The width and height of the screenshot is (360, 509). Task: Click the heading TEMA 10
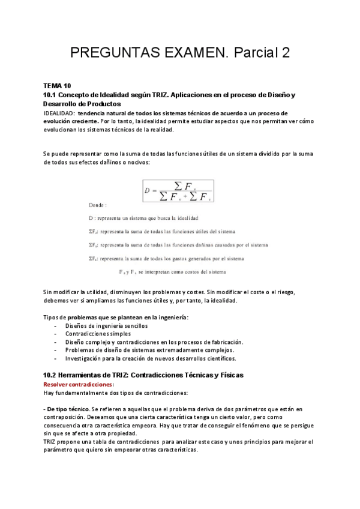point(58,86)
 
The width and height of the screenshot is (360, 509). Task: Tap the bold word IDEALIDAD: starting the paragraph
point(59,113)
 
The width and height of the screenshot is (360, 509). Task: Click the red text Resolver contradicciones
point(78,384)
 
